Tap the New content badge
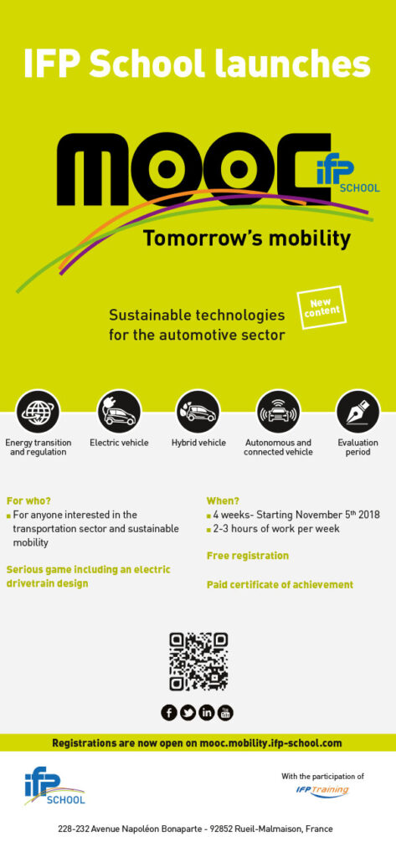(322, 307)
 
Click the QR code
(198, 661)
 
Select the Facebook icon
(169, 713)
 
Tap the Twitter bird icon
(188, 713)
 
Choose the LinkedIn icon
(206, 713)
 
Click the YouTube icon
(225, 713)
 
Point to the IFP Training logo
(322, 791)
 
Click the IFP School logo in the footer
(54, 788)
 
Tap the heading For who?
(29, 500)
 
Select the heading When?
(224, 500)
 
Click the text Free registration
(248, 556)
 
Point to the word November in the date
(320, 515)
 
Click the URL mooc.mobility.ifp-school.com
(270, 743)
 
